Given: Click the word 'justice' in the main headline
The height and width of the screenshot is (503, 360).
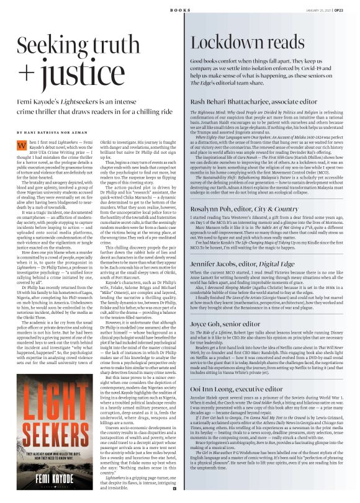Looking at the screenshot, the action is tap(75, 72).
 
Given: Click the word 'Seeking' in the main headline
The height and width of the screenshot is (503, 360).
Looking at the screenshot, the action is tap(53, 45).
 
